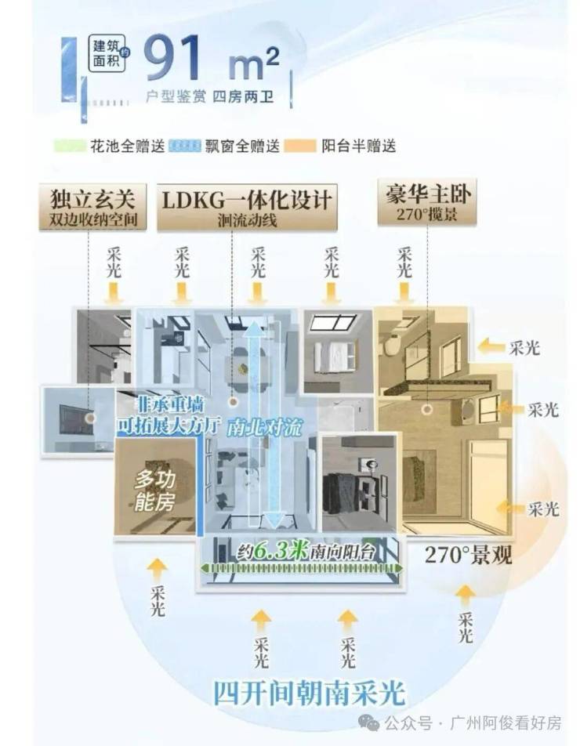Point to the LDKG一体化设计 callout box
(x=247, y=207)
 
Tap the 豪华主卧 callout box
(x=427, y=201)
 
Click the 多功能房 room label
(x=154, y=491)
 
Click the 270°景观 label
(x=468, y=555)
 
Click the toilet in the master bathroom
(x=392, y=346)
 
